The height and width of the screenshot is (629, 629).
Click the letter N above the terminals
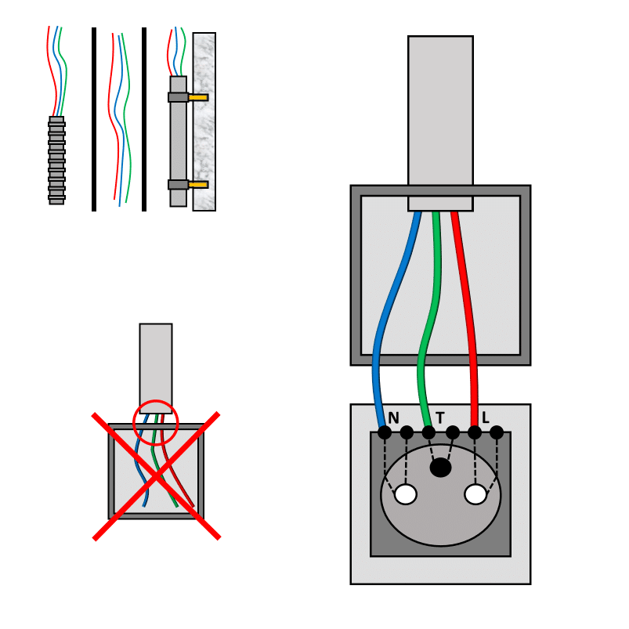point(393,418)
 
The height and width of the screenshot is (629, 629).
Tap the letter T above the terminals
point(440,418)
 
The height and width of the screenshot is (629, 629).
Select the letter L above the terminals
point(486,418)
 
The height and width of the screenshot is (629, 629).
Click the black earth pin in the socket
point(441,468)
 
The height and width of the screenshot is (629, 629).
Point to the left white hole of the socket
point(406,494)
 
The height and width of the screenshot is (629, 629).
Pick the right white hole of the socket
point(475,494)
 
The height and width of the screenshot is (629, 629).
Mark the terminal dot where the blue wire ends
point(385,432)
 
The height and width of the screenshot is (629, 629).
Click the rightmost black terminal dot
point(497,432)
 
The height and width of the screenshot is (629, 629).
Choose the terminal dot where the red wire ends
point(475,432)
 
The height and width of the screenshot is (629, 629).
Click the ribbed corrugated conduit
point(56,161)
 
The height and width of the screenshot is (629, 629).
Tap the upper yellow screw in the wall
point(199,98)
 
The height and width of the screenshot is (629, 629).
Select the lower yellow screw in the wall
point(199,185)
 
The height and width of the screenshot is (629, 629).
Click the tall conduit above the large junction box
point(440,110)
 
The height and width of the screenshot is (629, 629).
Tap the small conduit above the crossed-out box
point(156,360)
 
